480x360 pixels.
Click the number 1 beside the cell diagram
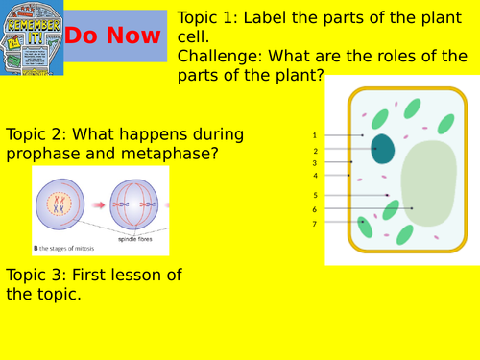point(314,136)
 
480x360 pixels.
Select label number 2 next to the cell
point(314,151)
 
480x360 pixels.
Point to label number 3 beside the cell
point(314,163)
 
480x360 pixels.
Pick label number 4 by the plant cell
point(314,176)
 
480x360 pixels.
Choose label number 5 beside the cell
point(314,195)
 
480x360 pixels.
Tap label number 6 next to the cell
point(314,209)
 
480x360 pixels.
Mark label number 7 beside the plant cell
point(314,224)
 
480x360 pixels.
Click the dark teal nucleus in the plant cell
point(383,149)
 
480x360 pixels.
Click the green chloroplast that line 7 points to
point(365,227)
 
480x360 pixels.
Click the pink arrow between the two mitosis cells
point(96,204)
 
